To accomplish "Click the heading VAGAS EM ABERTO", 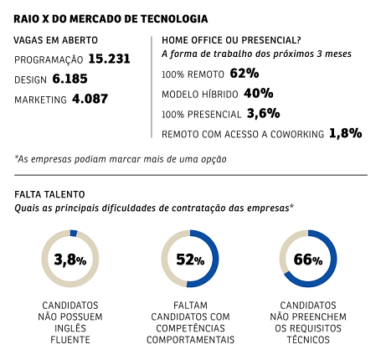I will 55,39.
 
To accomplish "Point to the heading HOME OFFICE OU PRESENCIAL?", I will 230,39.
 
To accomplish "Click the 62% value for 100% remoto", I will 244,73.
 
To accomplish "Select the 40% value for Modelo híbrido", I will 259,93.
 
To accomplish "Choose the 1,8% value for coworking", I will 345,132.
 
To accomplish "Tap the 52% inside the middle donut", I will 190,259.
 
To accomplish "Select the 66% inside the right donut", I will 307,259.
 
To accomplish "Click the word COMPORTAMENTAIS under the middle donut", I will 190,340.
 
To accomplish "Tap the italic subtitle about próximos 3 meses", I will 256,54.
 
